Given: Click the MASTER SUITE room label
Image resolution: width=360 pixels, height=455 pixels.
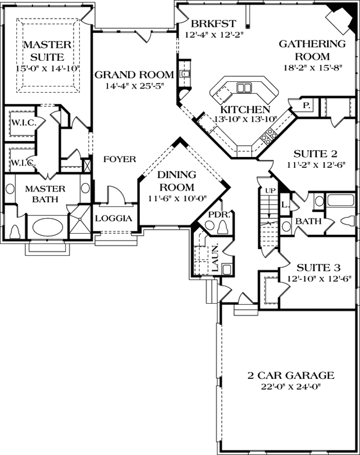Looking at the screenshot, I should click(x=47, y=51).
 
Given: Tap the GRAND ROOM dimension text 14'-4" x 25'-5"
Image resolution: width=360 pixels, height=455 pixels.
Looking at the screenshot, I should click(x=134, y=86).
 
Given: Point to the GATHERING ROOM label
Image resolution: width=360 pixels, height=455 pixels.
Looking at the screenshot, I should click(x=313, y=50).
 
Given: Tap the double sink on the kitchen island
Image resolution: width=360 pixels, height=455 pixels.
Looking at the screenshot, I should click(x=245, y=88).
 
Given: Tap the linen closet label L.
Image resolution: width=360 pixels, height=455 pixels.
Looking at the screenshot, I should click(x=285, y=204).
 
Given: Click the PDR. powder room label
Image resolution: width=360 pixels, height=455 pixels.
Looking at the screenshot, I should click(x=218, y=214).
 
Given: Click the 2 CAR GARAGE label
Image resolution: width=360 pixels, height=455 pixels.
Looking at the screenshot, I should click(x=290, y=375).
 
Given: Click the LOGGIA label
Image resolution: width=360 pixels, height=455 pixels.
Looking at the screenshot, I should click(x=114, y=218).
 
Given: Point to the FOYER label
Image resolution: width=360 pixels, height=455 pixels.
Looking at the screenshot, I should click(x=119, y=159).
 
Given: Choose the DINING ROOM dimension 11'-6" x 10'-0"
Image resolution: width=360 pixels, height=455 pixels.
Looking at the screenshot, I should click(x=176, y=198).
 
